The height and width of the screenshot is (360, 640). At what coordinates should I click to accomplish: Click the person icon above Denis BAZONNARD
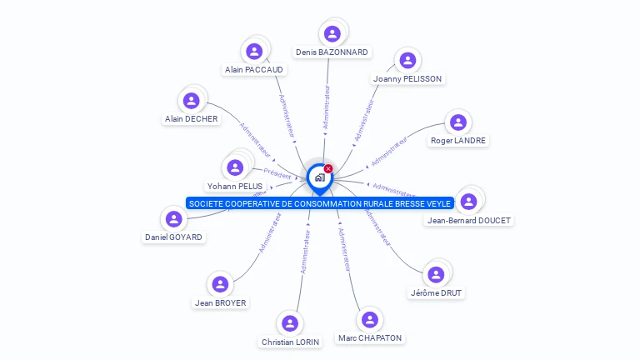pyautogui.click(x=332, y=33)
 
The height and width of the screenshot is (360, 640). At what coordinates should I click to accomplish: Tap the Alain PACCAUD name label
pyautogui.click(x=253, y=70)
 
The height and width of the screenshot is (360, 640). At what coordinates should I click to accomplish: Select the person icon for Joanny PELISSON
pyautogui.click(x=407, y=60)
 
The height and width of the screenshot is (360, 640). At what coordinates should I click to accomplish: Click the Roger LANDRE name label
pyautogui.click(x=458, y=141)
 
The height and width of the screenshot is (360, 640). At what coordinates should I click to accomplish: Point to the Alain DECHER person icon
pyautogui.click(x=191, y=101)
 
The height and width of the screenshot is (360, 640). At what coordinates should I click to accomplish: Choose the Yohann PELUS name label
pyautogui.click(x=234, y=187)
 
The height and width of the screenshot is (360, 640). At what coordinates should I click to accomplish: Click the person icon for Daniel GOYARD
pyautogui.click(x=173, y=219)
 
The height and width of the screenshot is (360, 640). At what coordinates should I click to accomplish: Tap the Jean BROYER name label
pyautogui.click(x=220, y=303)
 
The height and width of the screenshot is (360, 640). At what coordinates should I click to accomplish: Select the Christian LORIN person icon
pyautogui.click(x=289, y=323)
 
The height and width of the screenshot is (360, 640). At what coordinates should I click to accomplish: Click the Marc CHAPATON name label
pyautogui.click(x=370, y=338)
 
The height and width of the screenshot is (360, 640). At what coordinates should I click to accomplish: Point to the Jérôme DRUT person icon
pyautogui.click(x=435, y=274)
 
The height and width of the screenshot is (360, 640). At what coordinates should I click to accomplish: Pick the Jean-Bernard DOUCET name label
pyautogui.click(x=468, y=221)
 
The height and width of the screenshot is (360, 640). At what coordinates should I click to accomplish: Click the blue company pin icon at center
pyautogui.click(x=318, y=177)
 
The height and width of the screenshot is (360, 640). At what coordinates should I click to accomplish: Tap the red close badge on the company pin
pyautogui.click(x=328, y=168)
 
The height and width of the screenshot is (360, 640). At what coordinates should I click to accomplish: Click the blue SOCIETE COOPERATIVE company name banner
pyautogui.click(x=320, y=203)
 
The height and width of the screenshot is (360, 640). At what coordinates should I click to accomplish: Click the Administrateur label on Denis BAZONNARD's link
pyautogui.click(x=327, y=106)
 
